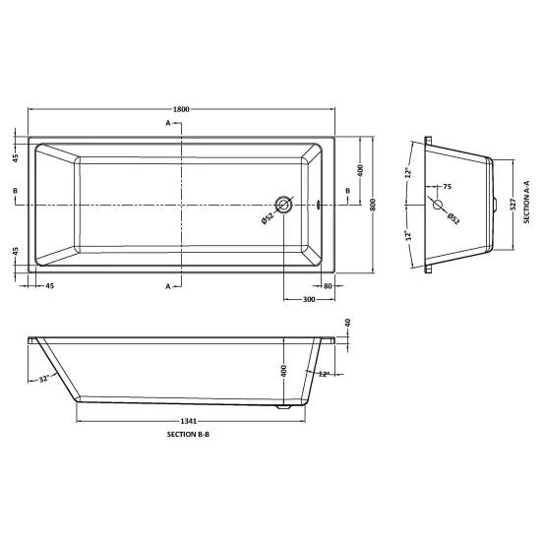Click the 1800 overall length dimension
pos(181,109)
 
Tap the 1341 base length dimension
pos(189,421)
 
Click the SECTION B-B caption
pos(188,435)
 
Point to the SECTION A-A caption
pos(526,202)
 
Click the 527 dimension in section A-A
pos(512,205)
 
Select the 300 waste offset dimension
pos(309,299)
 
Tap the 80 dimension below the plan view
pos(328,286)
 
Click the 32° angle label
pos(43,379)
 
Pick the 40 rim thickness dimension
pos(348,323)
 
